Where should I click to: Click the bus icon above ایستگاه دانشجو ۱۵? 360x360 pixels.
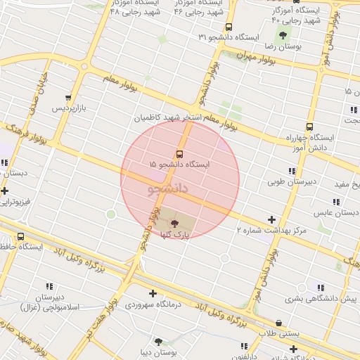coord(179,154)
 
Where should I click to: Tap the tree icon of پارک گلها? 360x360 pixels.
coord(174,224)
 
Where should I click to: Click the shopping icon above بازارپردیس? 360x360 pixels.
coord(68,98)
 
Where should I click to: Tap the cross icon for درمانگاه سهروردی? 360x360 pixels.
coord(153,293)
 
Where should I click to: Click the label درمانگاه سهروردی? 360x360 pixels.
coord(153,305)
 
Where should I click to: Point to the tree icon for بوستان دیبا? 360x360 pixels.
coord(167,341)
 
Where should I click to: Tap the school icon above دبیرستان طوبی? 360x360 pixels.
coord(291,171)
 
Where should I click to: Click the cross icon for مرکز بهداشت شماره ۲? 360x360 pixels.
coord(272,219)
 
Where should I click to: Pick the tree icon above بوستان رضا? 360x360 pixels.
coord(283,35)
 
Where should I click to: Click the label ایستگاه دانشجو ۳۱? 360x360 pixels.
coord(229,36)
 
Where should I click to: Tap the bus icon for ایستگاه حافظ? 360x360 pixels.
coord(20,237)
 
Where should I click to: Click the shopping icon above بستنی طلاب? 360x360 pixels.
coord(279,323)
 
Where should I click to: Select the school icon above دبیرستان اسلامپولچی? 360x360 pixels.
coord(49,286)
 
